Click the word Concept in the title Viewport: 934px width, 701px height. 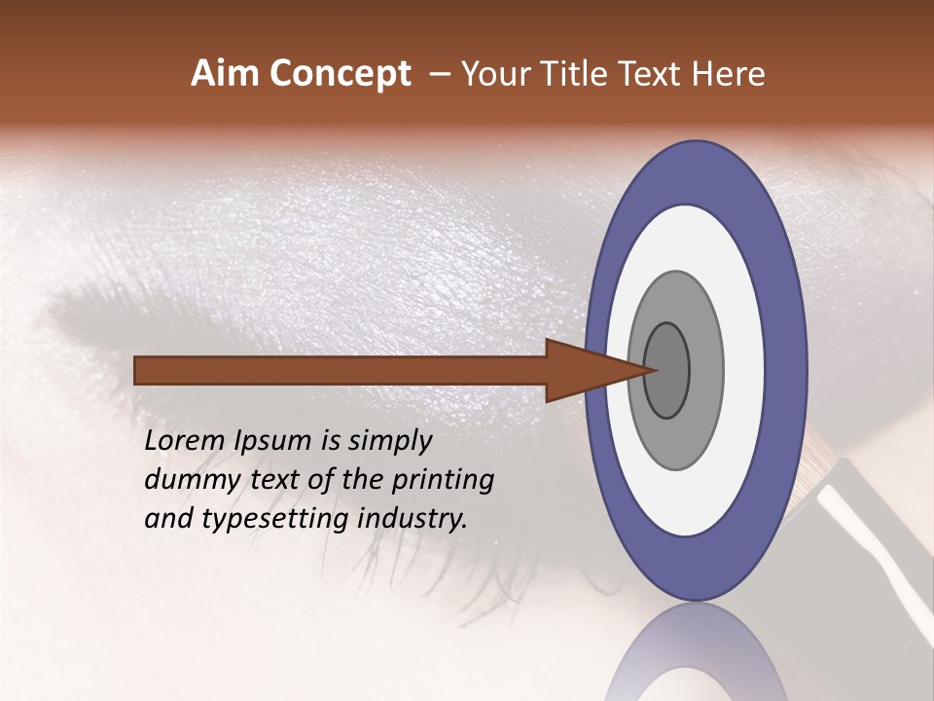pos(341,74)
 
